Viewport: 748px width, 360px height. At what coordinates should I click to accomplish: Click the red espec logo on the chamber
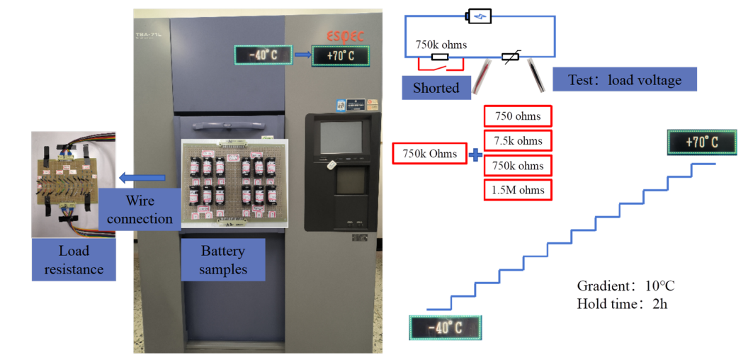(346, 35)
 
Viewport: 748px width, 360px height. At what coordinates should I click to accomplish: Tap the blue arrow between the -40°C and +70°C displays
(302, 54)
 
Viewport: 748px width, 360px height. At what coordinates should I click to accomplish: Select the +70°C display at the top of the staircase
(701, 142)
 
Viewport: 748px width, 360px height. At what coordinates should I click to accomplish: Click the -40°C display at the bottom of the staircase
(446, 327)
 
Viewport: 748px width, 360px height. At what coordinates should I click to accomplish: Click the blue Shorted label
(436, 88)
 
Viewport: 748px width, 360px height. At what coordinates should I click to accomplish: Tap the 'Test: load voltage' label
(624, 79)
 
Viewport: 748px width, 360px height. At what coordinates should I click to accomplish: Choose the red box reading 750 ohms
(518, 116)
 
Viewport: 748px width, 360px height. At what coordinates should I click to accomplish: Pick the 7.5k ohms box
(518, 140)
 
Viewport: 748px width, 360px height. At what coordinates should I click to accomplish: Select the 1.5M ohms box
(518, 190)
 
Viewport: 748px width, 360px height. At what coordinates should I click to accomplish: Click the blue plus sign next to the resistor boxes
(475, 154)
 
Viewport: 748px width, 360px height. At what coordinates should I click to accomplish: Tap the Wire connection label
(140, 210)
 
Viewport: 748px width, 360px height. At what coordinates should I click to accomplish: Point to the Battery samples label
(222, 259)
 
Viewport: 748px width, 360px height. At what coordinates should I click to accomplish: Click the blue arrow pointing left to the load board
(142, 177)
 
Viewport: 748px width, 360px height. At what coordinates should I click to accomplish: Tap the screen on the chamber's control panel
(340, 138)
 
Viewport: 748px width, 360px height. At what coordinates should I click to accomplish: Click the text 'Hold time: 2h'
(622, 303)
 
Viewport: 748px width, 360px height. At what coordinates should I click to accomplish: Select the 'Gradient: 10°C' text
(625, 286)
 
